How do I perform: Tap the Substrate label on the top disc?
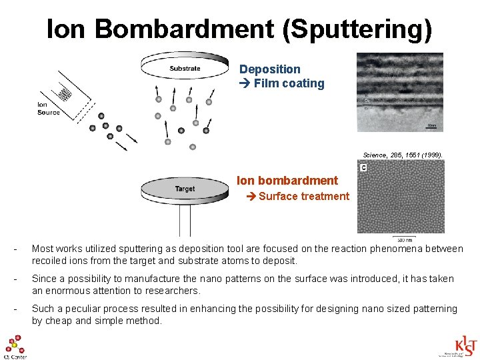pos(185,68)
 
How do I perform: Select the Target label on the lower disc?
pos(185,189)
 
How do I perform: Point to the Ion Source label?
pos(48,108)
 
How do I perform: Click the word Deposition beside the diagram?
pos(269,69)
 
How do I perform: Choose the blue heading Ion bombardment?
pos(287,180)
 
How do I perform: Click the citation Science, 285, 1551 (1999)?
pos(402,155)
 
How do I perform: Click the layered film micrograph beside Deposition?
pos(399,92)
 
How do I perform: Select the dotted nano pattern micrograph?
pos(400,198)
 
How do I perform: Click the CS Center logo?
pos(15,347)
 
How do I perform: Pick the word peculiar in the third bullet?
pos(90,309)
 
